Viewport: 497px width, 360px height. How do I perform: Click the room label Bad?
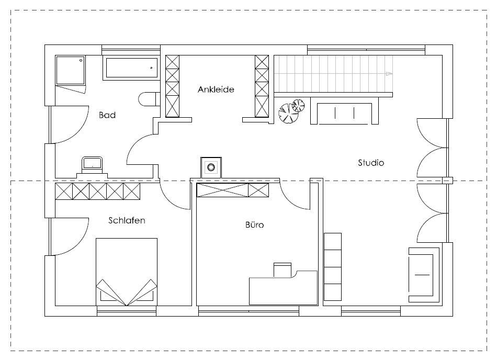coord(107,115)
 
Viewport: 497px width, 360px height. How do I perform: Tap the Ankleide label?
coord(216,89)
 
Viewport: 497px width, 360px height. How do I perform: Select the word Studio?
coord(371,163)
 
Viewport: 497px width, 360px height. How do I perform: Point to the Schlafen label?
coord(127,220)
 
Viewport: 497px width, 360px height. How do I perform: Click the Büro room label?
coord(255,224)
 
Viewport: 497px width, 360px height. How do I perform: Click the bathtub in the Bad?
coord(131,68)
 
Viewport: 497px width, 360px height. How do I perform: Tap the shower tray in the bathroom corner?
coord(71,70)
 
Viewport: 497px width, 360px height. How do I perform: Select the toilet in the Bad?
coord(149,99)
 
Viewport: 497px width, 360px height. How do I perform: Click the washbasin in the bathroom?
coord(92,164)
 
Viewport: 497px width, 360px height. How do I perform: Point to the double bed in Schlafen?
coord(127,272)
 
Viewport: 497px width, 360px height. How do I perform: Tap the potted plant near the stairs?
coord(291,111)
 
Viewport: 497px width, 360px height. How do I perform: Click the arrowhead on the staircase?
coord(389,74)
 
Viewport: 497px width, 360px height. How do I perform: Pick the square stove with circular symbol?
coord(211,167)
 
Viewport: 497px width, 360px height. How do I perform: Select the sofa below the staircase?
coord(345,110)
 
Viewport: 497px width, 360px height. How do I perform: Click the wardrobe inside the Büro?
coord(233,190)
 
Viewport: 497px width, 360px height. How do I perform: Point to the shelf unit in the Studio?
coord(333,267)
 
